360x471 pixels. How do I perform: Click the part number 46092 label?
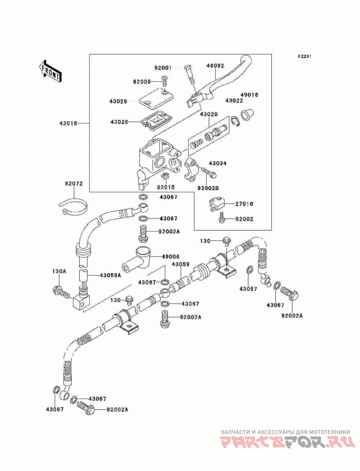pos(215,66)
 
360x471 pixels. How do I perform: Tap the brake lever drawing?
pos(219,82)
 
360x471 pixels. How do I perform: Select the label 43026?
pos(118,101)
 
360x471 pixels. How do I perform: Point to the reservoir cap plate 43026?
pos(157,99)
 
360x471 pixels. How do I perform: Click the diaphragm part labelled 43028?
pos(156,122)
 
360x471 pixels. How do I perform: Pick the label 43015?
pos(68,123)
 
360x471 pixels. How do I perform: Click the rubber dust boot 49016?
pos(248,115)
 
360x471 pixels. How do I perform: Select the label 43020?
pos(209,114)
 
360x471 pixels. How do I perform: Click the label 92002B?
pos(208,188)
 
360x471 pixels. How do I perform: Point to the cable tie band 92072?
pos(73,208)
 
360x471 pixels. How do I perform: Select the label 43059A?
pos(110,275)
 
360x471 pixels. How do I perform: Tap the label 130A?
pos(59,271)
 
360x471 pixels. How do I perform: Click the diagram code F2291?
pos(305,56)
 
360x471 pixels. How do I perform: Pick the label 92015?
pos(166,187)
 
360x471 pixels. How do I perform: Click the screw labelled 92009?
pos(165,82)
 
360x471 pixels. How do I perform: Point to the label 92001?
pos(163,68)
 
